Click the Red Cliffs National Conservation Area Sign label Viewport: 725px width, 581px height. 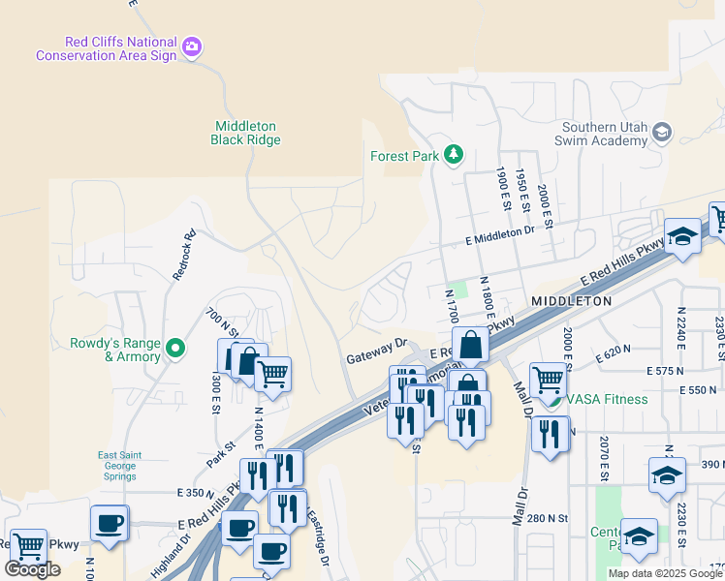107,48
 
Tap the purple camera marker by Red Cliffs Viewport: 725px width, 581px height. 192,46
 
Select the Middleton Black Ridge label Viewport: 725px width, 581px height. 245,133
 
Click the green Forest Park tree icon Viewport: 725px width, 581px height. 453,154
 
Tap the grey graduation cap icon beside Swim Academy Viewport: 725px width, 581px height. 662,133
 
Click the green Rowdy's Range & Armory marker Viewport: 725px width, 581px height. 175,347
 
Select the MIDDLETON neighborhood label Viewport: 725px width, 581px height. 571,301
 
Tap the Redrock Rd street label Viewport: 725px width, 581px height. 184,254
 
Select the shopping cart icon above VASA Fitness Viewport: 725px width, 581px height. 548,378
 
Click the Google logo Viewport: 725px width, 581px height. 32,568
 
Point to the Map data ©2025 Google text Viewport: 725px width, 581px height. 664,573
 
